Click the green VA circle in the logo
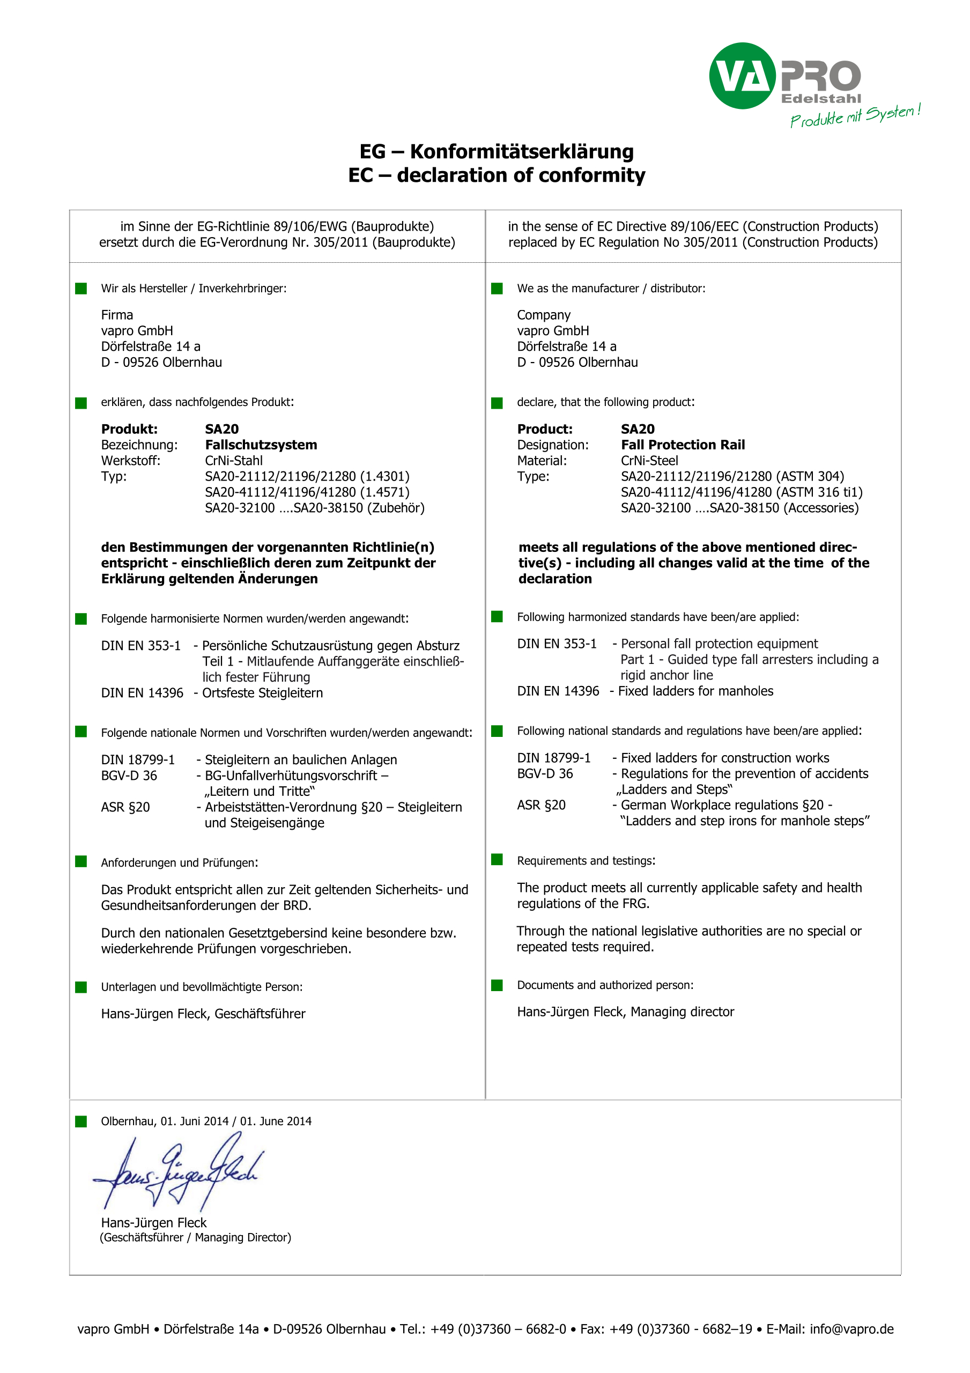point(742,76)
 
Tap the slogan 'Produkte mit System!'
point(855,115)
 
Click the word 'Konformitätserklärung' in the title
point(522,152)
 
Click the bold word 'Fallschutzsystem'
point(261,445)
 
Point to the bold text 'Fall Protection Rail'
point(683,445)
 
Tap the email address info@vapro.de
point(851,1330)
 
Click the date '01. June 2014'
point(276,1121)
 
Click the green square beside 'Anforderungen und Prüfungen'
point(82,861)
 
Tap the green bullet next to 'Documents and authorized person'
point(497,985)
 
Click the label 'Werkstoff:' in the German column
point(130,461)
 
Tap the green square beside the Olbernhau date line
point(82,1121)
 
